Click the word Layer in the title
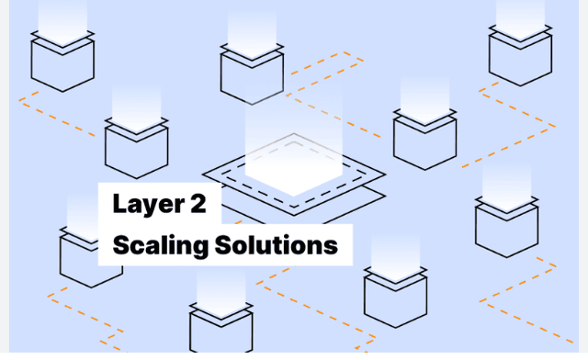coord(145,204)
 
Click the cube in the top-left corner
coord(62,61)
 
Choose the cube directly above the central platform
coord(252,73)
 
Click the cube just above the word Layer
coord(136,147)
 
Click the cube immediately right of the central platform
coord(424,138)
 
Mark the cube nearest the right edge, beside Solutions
coord(506,226)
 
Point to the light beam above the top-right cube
coord(520,14)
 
